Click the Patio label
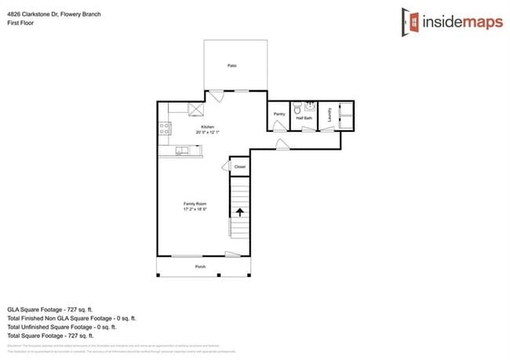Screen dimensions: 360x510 pyautogui.click(x=232, y=66)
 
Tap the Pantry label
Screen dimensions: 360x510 pyautogui.click(x=279, y=115)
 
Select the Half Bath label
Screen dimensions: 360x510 pyautogui.click(x=304, y=118)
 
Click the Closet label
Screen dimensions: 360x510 pyautogui.click(x=239, y=166)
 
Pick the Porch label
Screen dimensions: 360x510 pyautogui.click(x=201, y=267)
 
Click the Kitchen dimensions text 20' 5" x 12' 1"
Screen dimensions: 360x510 pyautogui.click(x=207, y=132)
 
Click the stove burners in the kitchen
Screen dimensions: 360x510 pyautogui.click(x=165, y=128)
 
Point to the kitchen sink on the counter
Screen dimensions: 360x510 pyautogui.click(x=181, y=150)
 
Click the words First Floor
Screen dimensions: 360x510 pyautogui.click(x=20, y=23)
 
